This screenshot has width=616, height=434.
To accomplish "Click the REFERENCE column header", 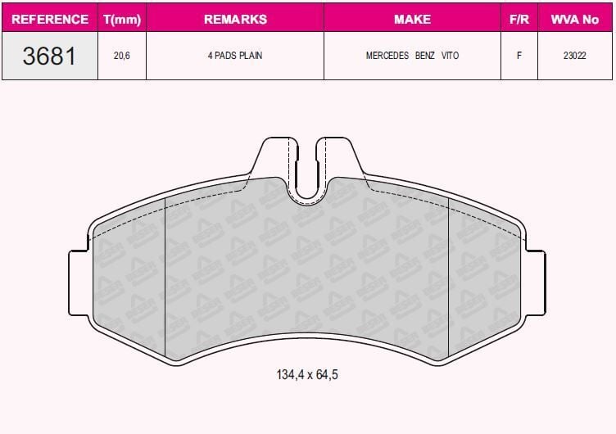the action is coord(50,19).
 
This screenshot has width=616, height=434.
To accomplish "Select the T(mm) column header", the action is coord(122,20).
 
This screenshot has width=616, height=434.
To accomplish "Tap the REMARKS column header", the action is coord(235,19).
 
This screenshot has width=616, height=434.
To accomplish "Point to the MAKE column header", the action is coord(413,19).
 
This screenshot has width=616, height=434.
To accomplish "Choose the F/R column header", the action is coord(519,19).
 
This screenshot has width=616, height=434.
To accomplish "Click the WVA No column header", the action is coord(575,19).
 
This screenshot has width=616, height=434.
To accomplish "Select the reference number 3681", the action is coord(49,56).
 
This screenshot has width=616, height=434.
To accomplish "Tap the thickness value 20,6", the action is coord(122,56).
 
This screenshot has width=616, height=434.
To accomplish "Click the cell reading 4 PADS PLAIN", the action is coord(235,56).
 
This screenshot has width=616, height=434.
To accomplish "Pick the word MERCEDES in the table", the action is coord(387,56).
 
